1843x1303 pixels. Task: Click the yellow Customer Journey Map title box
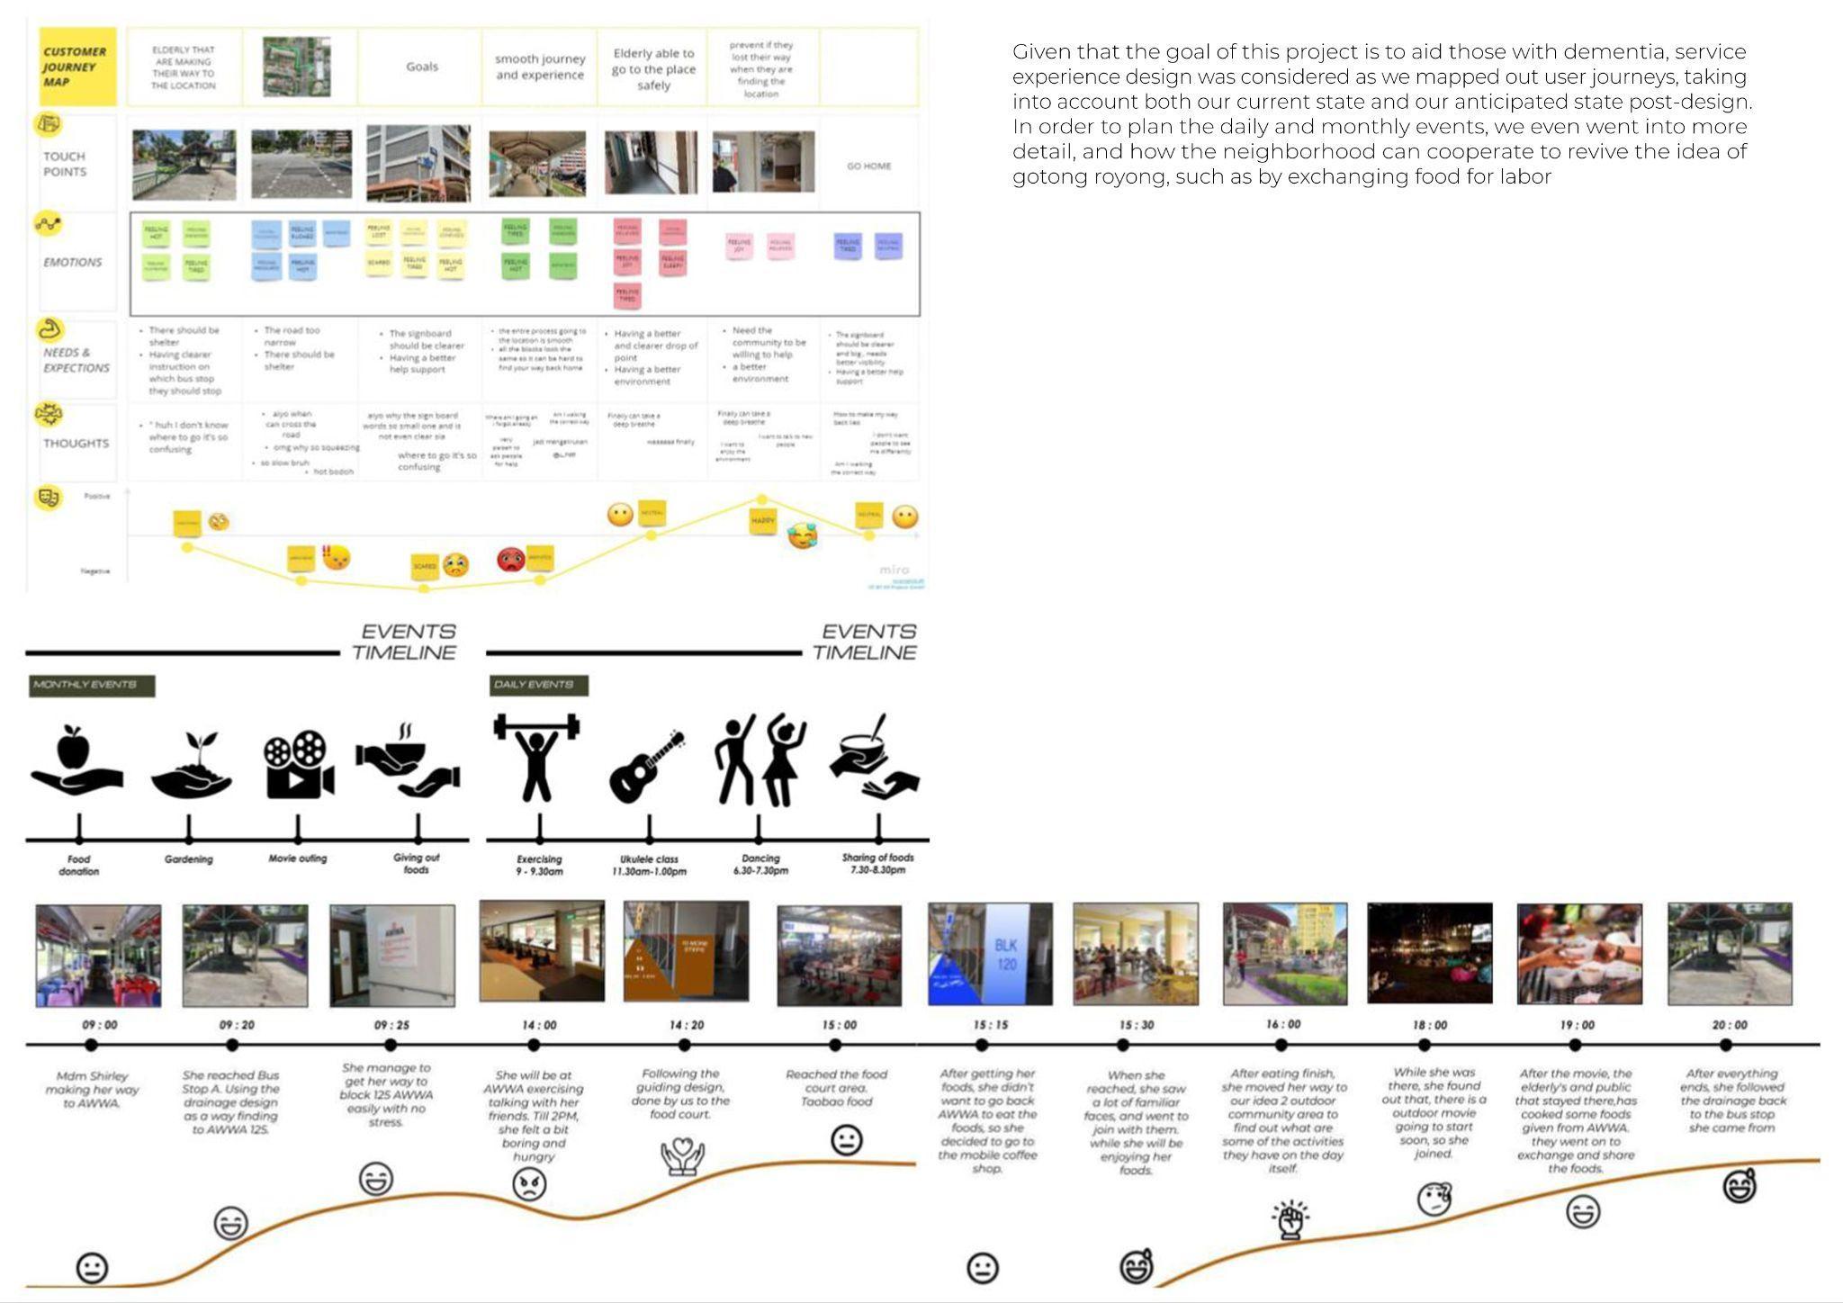click(77, 67)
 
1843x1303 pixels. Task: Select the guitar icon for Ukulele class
click(647, 767)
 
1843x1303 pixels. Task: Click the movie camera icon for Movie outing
click(298, 764)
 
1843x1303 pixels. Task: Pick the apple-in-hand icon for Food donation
click(76, 760)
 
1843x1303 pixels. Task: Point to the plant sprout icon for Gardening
click(191, 765)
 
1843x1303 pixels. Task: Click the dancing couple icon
click(760, 760)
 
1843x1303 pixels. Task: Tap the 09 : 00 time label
click(100, 1025)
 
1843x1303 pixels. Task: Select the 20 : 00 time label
click(1729, 1025)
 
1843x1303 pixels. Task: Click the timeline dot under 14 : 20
click(685, 1045)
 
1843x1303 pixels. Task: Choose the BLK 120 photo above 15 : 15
click(990, 954)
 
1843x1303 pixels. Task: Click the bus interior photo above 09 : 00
click(99, 956)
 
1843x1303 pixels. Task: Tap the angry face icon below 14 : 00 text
click(529, 1184)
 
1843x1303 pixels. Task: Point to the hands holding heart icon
click(682, 1156)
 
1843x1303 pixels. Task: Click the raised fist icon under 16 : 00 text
click(1290, 1219)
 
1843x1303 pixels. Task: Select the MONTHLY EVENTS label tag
click(91, 686)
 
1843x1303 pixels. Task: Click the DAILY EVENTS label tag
click(537, 686)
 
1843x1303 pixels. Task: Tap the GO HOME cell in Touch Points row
click(868, 166)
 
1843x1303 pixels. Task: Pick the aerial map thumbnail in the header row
click(297, 67)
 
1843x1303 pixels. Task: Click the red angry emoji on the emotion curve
click(510, 560)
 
